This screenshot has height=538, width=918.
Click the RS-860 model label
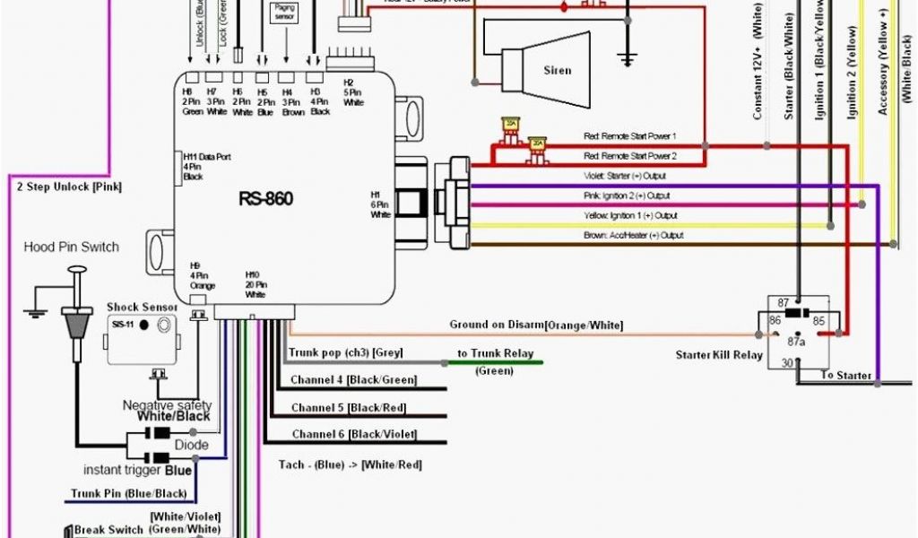265,199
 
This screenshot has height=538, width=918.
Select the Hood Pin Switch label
71,247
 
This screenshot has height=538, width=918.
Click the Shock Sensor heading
143,307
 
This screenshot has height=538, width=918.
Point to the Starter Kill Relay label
719,355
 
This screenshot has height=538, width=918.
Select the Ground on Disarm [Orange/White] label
535,325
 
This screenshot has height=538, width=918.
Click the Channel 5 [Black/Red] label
348,408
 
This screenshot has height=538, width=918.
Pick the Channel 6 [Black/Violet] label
354,435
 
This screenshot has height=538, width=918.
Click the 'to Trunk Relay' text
495,353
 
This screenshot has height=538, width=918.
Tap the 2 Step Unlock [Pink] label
69,187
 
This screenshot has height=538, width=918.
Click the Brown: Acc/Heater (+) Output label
634,235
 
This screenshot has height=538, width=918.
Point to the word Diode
192,445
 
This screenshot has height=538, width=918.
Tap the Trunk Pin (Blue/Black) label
129,494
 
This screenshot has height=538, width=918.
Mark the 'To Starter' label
845,375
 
